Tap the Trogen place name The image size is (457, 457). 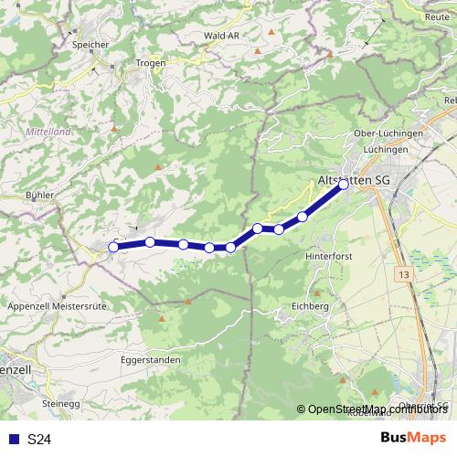click(151, 62)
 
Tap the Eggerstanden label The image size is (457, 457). click(150, 360)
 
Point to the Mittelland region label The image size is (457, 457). click(48, 133)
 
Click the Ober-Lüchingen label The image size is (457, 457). click(388, 133)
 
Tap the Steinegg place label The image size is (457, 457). click(61, 402)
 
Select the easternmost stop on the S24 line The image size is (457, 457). click(344, 185)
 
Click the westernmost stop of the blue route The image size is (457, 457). click(113, 247)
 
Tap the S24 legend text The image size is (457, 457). click(38, 440)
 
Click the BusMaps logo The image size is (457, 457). click(412, 439)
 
